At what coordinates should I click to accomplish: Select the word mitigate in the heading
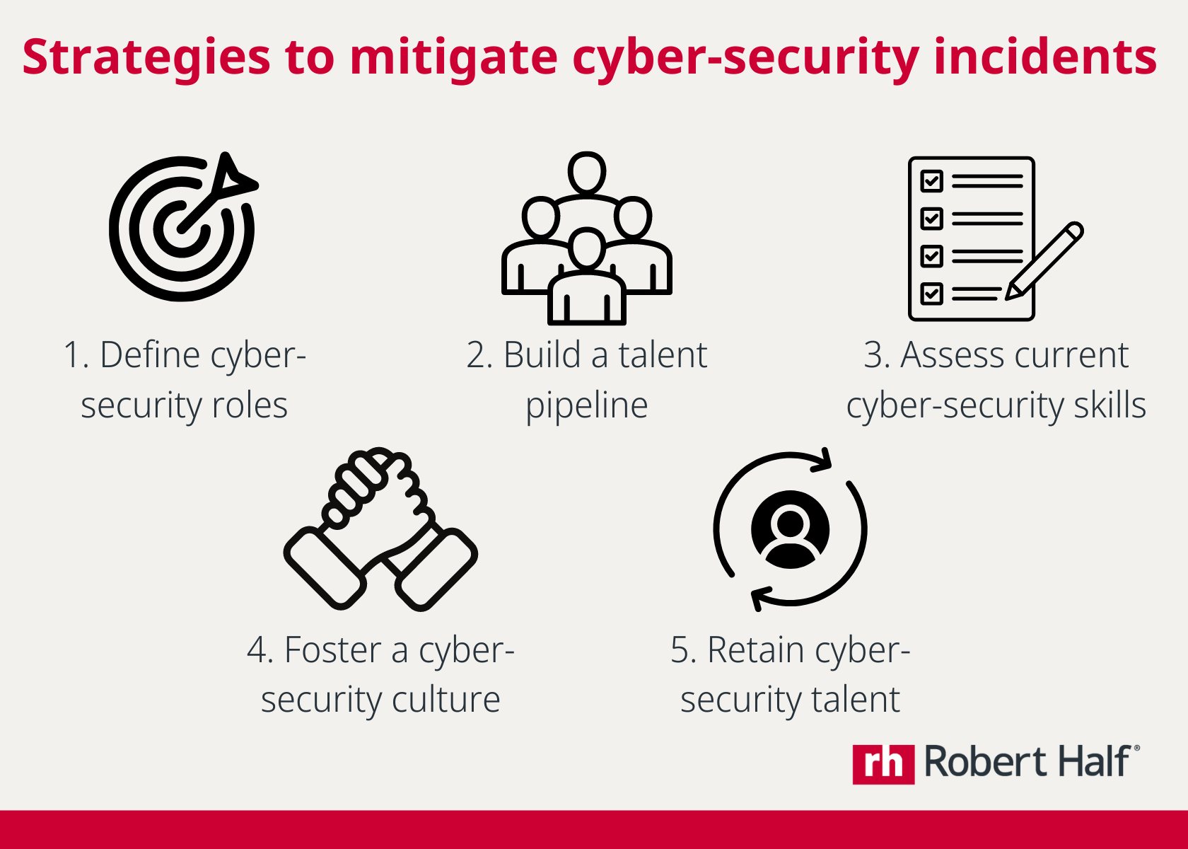tap(453, 58)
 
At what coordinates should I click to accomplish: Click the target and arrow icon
tap(182, 228)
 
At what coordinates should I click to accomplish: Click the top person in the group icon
tap(587, 173)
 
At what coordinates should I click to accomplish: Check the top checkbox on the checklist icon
tap(932, 181)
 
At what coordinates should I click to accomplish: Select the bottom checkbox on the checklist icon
tap(932, 293)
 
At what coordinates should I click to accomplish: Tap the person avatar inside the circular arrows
tap(790, 529)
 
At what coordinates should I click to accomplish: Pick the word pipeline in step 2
tap(587, 406)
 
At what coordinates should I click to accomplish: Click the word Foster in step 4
tap(332, 650)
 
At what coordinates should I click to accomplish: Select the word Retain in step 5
tap(755, 650)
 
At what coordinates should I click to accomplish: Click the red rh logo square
tap(883, 764)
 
